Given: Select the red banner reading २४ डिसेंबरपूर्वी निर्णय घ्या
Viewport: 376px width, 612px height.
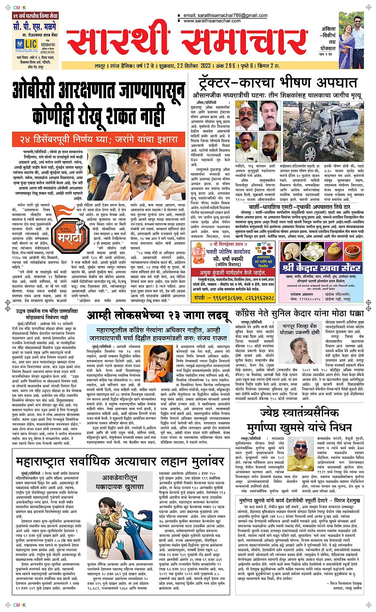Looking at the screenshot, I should (98, 140).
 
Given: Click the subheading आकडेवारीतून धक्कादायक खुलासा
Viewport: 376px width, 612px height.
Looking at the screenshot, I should (119, 482).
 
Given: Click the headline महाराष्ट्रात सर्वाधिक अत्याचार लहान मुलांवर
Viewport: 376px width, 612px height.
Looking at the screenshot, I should (120, 462).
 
